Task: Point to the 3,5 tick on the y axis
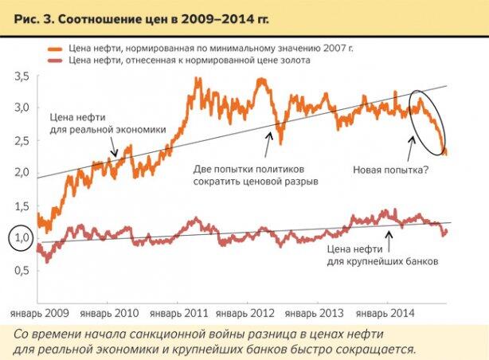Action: [22, 76]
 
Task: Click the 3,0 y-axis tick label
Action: [22, 108]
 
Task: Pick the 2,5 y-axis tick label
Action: [22, 140]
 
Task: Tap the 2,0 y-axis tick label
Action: [22, 172]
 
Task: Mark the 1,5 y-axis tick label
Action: [22, 205]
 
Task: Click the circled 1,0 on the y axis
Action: [21, 237]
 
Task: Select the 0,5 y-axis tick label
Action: [22, 270]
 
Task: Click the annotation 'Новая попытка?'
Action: [390, 169]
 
